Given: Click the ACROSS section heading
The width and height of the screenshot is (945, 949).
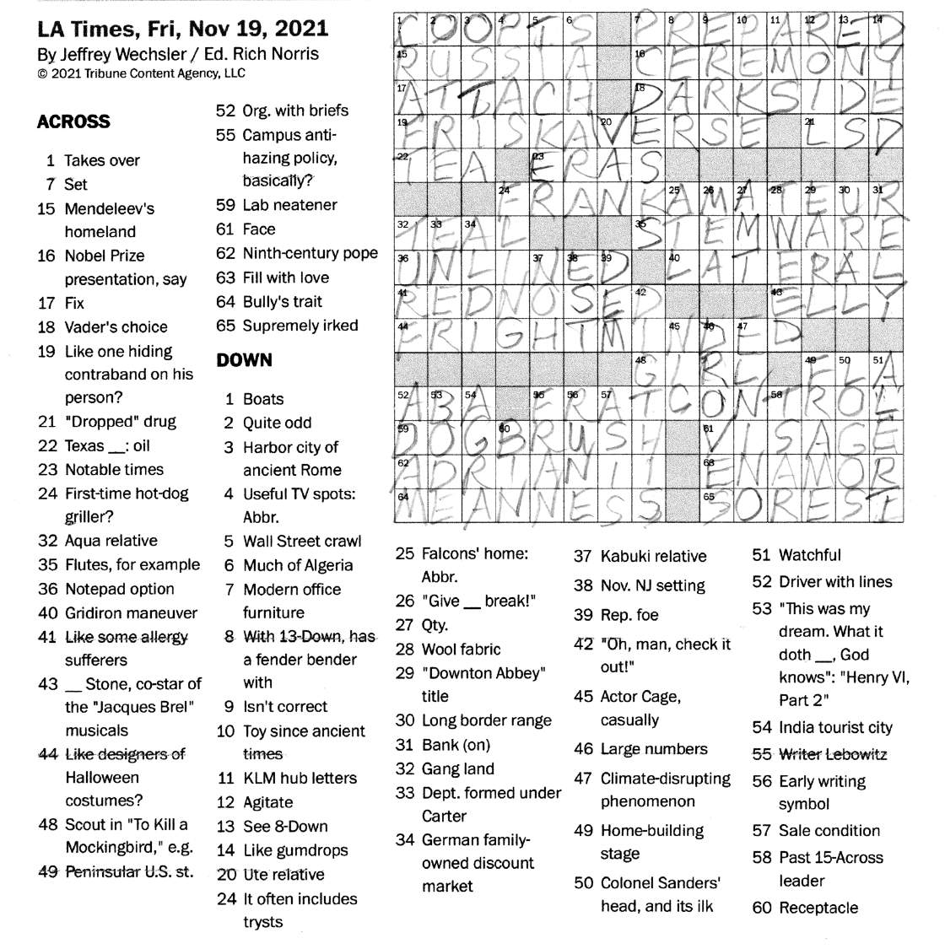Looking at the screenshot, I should pyautogui.click(x=73, y=121).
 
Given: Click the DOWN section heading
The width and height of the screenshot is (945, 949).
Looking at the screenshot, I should pyautogui.click(x=244, y=360).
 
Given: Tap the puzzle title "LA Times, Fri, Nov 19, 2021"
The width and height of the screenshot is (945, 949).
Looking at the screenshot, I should pyautogui.click(x=182, y=29).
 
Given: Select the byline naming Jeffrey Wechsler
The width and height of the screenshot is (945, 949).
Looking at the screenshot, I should pyautogui.click(x=178, y=54).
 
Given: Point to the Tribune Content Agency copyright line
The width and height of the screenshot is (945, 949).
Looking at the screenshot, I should pyautogui.click(x=141, y=73).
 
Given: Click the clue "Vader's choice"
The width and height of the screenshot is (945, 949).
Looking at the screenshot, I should pyautogui.click(x=116, y=327).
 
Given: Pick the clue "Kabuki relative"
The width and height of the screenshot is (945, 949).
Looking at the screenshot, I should pyautogui.click(x=652, y=557).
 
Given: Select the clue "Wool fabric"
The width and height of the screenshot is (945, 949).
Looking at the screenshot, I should pyautogui.click(x=460, y=649).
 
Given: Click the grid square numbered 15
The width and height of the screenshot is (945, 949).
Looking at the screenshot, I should pyautogui.click(x=411, y=62).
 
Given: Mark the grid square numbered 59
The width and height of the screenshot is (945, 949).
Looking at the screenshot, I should pyautogui.click(x=411, y=437).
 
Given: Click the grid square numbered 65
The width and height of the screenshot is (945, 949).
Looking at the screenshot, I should pyautogui.click(x=717, y=505).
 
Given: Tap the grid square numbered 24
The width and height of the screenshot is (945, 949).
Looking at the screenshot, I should pyautogui.click(x=512, y=199).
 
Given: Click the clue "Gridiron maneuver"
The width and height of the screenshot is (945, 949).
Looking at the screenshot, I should pyautogui.click(x=131, y=613).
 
